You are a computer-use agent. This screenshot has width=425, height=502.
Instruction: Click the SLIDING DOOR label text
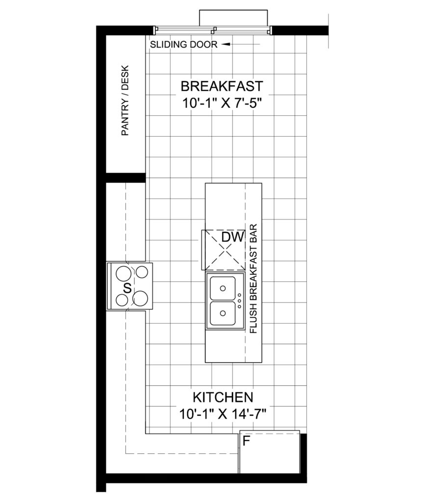[184, 45]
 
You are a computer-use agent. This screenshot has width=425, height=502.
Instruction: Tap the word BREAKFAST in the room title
[222, 86]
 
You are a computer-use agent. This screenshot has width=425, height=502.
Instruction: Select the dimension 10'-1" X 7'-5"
[222, 103]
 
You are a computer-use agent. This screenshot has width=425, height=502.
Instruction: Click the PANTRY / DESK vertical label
[125, 100]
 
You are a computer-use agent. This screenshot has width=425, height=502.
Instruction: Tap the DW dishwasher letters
[233, 237]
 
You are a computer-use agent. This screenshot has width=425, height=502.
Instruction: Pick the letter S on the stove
[127, 288]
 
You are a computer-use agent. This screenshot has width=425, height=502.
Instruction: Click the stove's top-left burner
[123, 274]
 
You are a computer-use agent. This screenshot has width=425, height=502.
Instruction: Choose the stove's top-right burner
[142, 272]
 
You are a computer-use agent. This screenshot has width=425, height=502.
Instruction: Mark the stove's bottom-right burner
[140, 298]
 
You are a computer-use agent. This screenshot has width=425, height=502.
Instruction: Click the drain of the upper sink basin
[223, 288]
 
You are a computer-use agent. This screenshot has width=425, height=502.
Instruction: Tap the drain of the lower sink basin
[223, 313]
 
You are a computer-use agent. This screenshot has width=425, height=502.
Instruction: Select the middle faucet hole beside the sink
[239, 301]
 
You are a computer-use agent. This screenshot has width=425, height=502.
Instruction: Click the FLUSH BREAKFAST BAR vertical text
[253, 279]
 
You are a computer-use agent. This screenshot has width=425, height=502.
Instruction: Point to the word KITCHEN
[223, 397]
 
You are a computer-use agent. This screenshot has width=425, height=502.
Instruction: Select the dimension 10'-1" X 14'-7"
[223, 414]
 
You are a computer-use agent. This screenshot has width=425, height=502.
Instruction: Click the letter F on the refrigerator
[246, 441]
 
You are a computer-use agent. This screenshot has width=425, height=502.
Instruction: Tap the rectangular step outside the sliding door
[233, 18]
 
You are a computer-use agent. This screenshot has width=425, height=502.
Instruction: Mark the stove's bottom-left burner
[122, 300]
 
